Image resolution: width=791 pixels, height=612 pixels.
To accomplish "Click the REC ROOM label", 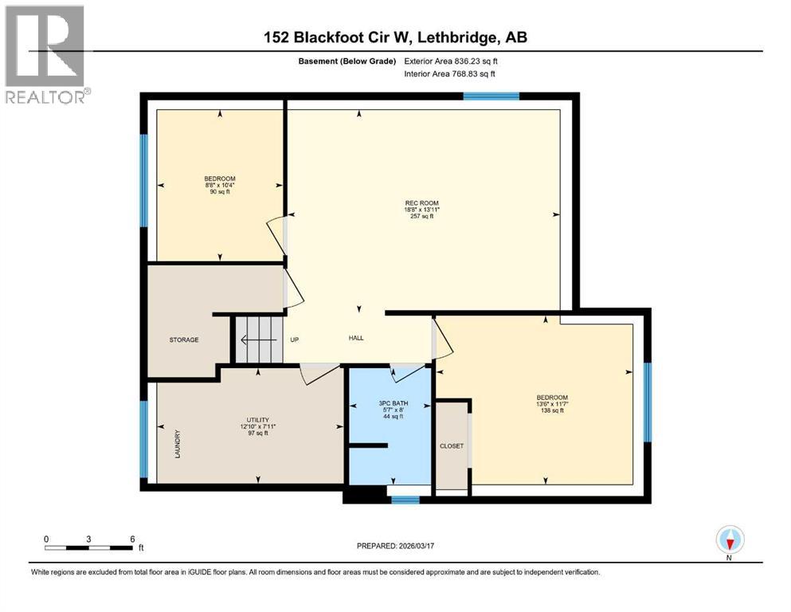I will click(x=422, y=202).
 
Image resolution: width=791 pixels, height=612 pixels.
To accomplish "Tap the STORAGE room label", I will click(x=184, y=339).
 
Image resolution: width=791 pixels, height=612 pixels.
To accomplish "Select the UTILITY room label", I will click(x=256, y=419).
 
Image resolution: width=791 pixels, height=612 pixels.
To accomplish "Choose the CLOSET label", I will click(x=451, y=446).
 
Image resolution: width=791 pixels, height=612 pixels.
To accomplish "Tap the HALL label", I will click(x=356, y=338).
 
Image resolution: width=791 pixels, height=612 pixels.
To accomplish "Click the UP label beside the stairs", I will click(x=294, y=339).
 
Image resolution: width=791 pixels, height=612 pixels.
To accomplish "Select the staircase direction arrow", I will click(x=257, y=339).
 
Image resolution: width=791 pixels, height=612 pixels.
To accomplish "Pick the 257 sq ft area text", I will click(x=422, y=216).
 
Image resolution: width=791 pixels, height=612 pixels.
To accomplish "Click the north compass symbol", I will click(x=730, y=540).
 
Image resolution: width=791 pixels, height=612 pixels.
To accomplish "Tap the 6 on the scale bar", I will click(x=131, y=538).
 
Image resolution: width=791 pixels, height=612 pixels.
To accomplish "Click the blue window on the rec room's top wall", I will click(x=491, y=96).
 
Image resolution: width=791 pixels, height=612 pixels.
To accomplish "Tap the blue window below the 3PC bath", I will click(x=405, y=500).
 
